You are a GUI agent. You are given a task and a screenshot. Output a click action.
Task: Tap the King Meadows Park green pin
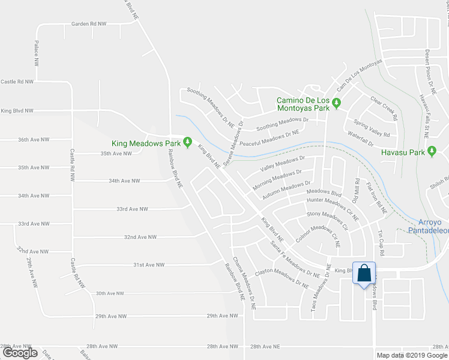(x=187, y=143)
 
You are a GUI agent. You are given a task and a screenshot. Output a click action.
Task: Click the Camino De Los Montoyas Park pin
(x=337, y=104)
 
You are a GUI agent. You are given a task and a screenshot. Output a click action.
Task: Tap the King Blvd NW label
(x=17, y=111)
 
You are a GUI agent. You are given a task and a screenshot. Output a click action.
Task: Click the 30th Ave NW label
(x=110, y=293)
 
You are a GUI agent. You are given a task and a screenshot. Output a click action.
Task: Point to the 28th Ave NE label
(x=265, y=347)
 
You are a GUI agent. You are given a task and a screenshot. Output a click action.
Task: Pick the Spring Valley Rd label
(x=372, y=126)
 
